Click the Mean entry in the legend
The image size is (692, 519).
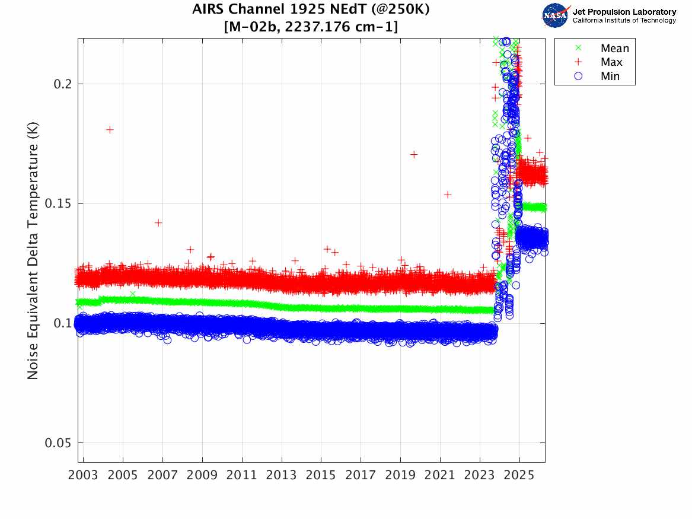(x=614, y=49)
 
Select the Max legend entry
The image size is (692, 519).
(x=611, y=62)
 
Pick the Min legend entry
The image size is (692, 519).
(x=610, y=76)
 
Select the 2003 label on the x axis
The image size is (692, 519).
(x=84, y=476)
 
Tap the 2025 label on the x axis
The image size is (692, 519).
(x=519, y=476)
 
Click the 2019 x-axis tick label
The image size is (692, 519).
(x=400, y=476)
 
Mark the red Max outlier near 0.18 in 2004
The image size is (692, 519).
(x=110, y=129)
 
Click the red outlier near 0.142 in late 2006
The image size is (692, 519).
(x=158, y=222)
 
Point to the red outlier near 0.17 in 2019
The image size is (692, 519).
(x=414, y=154)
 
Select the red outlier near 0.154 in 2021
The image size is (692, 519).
(x=448, y=195)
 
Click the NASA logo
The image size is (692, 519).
(x=556, y=15)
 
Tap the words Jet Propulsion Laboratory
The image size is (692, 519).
(x=624, y=12)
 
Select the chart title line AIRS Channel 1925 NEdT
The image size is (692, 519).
(x=311, y=9)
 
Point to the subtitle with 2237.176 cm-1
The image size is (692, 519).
(x=311, y=27)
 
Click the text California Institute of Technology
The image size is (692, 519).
(x=624, y=20)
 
